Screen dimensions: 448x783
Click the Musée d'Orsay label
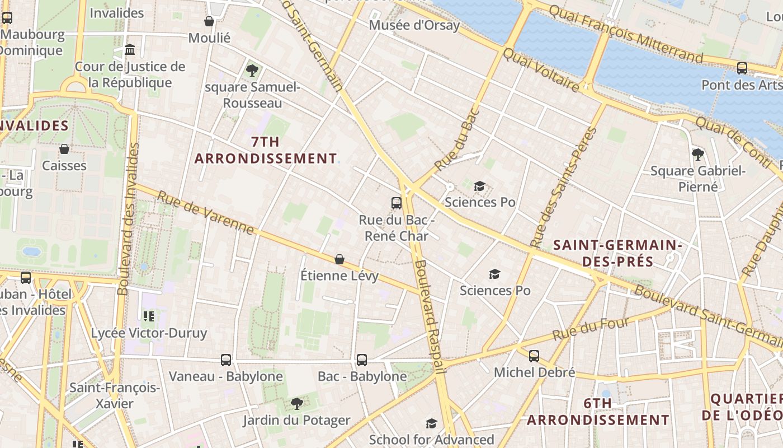414,25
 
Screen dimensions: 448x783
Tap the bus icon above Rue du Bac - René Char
397,203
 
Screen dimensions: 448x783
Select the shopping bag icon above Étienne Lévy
339,259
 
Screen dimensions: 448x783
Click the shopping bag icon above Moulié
209,22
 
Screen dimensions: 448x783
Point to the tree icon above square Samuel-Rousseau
252,71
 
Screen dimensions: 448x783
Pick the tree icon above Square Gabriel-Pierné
697,154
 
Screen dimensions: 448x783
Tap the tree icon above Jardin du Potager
296,403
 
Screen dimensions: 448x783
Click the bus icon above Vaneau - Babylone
226,360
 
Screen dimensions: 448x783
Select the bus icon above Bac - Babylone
362,360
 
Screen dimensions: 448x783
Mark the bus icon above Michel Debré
534,356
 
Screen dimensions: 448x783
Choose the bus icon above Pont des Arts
742,68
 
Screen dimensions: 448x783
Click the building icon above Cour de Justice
130,50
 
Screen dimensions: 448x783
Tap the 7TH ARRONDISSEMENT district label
266,150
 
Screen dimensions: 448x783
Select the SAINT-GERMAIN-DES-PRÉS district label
617,253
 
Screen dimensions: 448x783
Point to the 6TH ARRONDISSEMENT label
598,412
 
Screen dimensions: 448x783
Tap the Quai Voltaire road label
541,70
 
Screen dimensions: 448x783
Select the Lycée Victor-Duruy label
149,333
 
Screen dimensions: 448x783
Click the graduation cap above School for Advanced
431,423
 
